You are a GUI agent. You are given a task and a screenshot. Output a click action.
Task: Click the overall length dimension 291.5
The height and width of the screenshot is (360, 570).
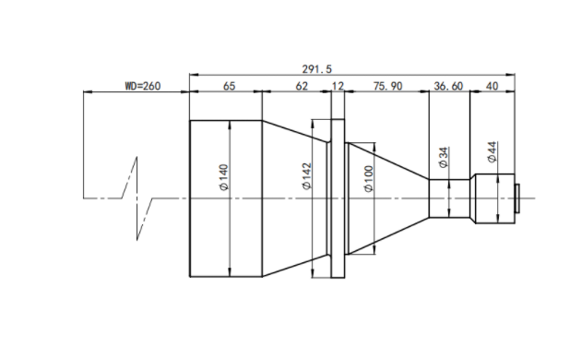coord(316,68)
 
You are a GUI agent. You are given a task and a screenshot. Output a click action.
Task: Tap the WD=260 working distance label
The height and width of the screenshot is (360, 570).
coord(142,86)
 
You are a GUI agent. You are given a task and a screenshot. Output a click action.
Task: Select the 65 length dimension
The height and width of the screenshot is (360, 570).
coord(229,86)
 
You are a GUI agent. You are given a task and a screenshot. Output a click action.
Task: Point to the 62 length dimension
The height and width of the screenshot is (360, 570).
coord(302,86)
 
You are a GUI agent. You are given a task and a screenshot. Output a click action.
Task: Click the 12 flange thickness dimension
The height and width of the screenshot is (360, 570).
coord(338,86)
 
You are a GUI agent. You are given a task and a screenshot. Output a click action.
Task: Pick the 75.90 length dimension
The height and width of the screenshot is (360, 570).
coord(388,86)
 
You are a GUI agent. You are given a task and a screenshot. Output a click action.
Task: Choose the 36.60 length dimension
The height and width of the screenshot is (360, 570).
coord(448,86)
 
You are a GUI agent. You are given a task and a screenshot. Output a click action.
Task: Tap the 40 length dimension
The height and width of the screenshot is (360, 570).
coord(492,86)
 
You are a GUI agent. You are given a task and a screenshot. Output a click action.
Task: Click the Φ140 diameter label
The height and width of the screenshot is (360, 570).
coord(224,177)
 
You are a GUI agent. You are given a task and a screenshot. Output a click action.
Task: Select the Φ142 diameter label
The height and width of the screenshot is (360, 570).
coord(307,176)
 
